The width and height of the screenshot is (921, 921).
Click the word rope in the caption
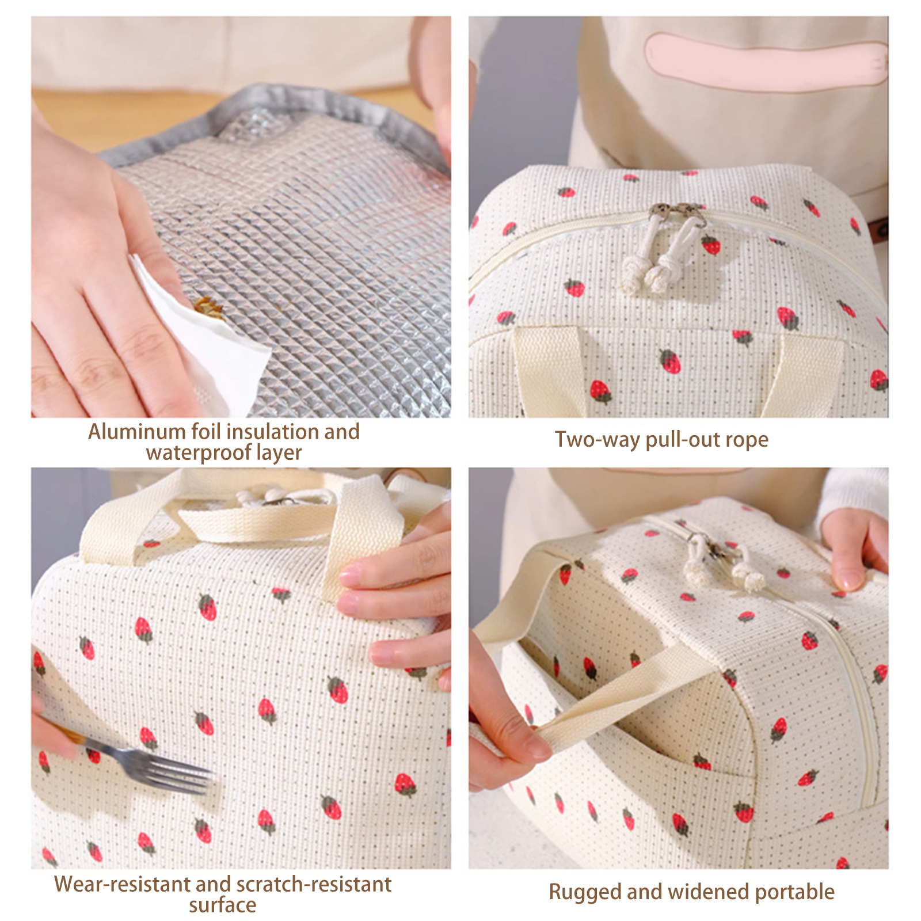click(747, 440)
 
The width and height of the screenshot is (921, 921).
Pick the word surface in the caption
click(223, 905)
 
